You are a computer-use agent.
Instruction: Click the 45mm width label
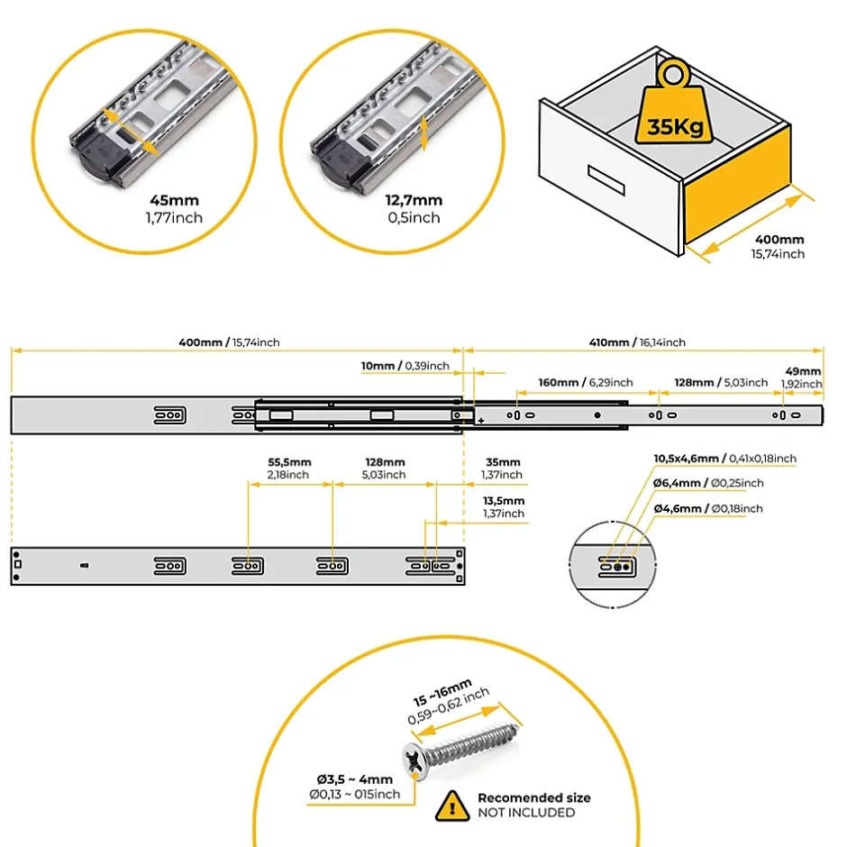point(175,201)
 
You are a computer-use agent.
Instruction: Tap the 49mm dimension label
point(804,371)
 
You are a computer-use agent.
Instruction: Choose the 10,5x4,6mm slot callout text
point(724,459)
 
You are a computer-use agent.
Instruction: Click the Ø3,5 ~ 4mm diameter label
point(354,779)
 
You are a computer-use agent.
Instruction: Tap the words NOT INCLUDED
point(526,813)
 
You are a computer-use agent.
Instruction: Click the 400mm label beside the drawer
point(779,240)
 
